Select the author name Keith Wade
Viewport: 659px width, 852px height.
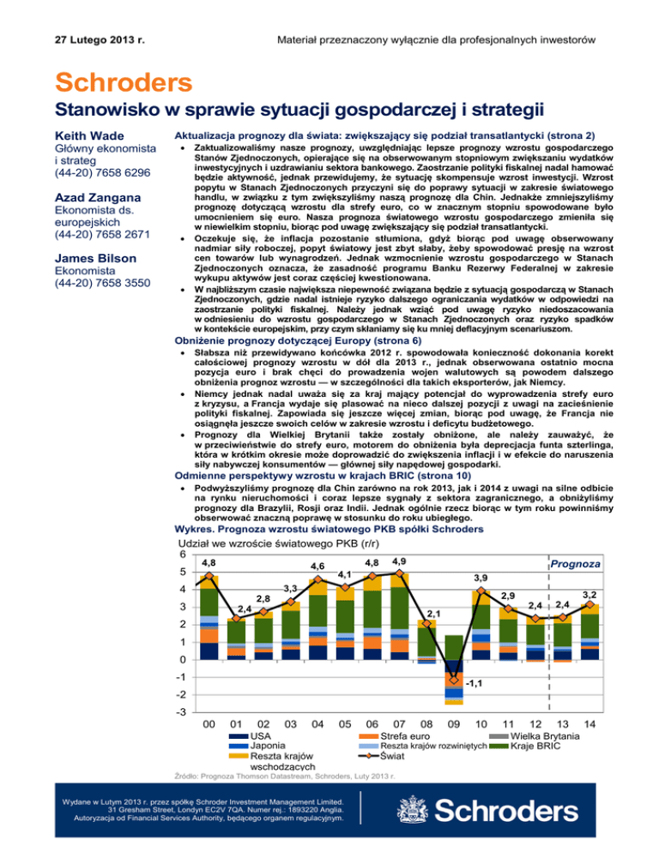(88, 136)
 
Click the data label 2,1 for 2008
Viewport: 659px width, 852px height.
(434, 613)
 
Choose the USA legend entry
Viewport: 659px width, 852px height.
(261, 735)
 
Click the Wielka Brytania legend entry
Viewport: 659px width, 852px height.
(577, 735)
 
